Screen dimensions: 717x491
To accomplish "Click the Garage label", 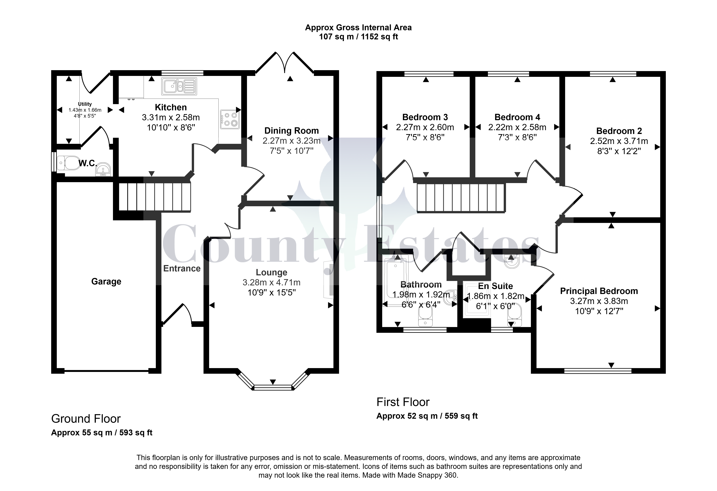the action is [x=106, y=282].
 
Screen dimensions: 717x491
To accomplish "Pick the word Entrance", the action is [x=182, y=269].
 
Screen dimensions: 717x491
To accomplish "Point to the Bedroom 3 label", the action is [x=425, y=117].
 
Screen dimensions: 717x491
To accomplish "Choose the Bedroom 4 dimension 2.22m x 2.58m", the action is [x=517, y=127].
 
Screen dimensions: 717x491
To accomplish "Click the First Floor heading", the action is [x=403, y=402].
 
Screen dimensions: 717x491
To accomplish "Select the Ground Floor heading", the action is [x=86, y=419].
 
